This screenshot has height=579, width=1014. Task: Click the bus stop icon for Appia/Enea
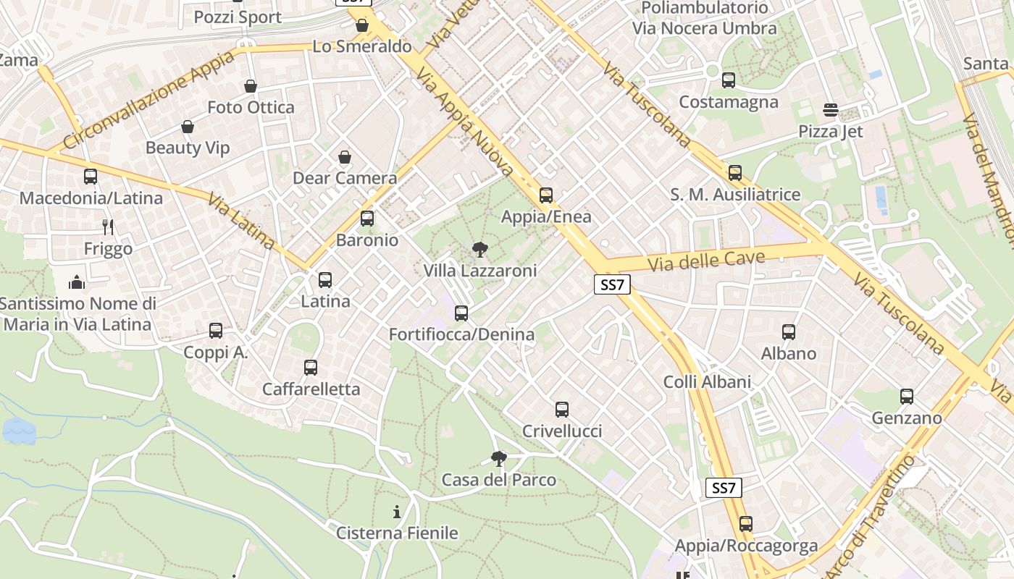click(546, 195)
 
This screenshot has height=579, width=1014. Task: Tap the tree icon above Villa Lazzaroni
click(479, 250)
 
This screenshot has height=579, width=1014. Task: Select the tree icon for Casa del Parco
click(498, 459)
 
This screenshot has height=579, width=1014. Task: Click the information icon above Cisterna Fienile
click(397, 512)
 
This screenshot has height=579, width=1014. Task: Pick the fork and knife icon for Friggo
click(108, 227)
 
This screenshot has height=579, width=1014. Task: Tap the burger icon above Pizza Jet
click(831, 110)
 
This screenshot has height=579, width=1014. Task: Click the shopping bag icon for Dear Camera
click(345, 157)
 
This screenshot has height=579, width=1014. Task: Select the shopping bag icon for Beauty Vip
click(188, 127)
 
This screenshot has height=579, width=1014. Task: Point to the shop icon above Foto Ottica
click(251, 87)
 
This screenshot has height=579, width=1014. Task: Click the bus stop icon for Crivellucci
click(562, 410)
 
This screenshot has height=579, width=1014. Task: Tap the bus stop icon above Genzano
click(907, 397)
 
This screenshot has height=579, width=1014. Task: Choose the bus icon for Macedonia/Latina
click(91, 177)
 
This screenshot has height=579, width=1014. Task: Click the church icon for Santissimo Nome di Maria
click(77, 282)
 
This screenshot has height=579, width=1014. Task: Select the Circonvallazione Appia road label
click(148, 100)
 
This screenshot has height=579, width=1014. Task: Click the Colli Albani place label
click(707, 381)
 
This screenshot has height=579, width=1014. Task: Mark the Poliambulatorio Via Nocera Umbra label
click(704, 18)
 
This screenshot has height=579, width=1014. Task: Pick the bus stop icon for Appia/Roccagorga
click(746, 524)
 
